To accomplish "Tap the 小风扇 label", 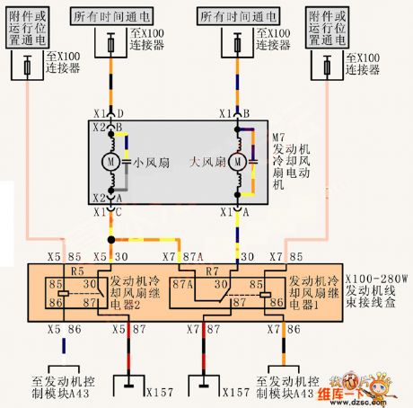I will pyautogui.click(x=148, y=164).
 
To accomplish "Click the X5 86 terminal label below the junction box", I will pyautogui.click(x=62, y=330).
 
